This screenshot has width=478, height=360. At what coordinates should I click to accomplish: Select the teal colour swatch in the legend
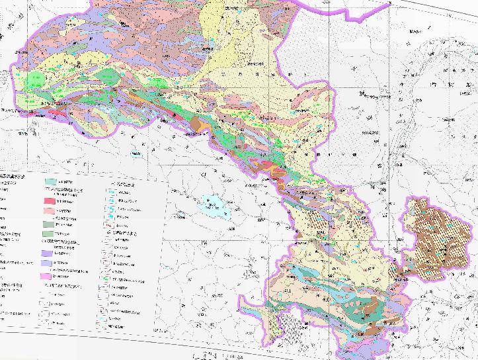[50, 181]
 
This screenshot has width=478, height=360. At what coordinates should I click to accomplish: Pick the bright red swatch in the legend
[50, 201]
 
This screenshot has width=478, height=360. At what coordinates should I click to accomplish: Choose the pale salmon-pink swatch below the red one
[50, 210]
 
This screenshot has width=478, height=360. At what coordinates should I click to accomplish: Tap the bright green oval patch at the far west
[37, 79]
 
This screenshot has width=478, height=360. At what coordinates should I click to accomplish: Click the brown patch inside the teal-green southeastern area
[370, 304]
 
